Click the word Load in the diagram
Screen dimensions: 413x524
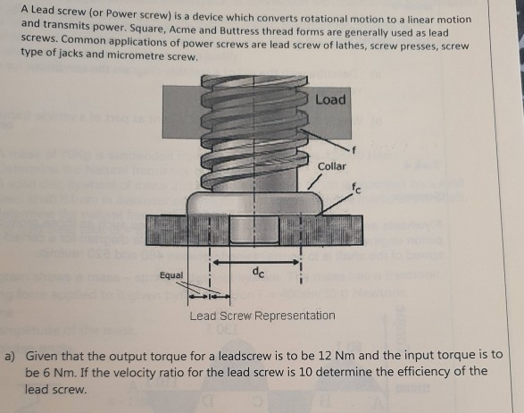click(x=329, y=99)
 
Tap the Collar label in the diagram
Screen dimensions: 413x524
click(x=331, y=167)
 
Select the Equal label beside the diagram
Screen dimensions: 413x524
click(x=172, y=275)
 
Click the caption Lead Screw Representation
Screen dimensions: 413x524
click(x=262, y=316)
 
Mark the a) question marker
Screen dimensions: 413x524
click(x=11, y=354)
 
